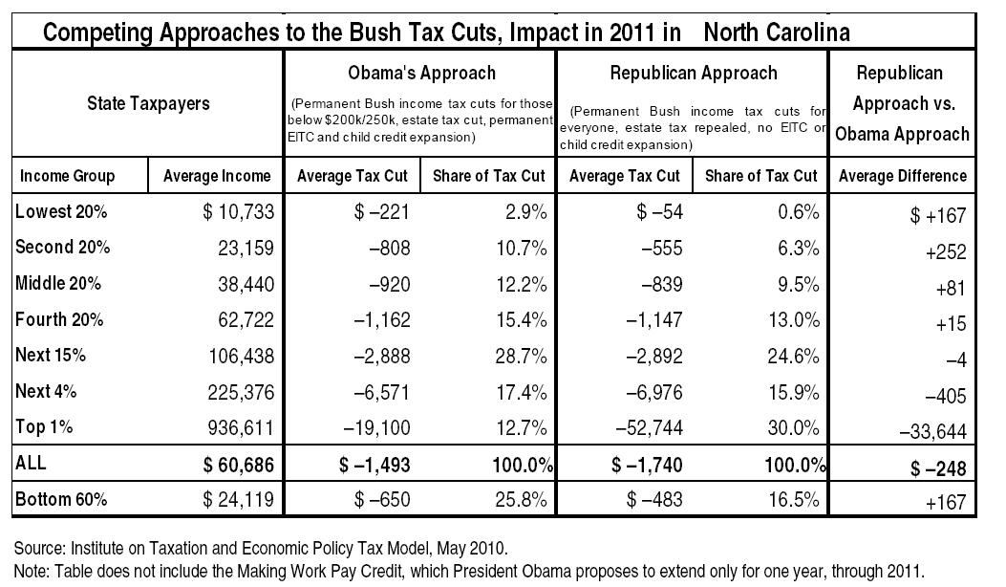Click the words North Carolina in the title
click(x=777, y=32)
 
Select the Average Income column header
click(x=217, y=176)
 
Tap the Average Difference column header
click(x=903, y=176)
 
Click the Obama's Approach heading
click(x=421, y=74)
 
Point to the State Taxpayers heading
click(x=148, y=103)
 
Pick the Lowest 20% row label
click(x=61, y=211)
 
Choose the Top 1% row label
click(x=44, y=427)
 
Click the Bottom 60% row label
click(x=61, y=499)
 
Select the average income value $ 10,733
click(x=238, y=212)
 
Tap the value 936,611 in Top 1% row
click(x=241, y=427)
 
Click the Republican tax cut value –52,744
click(x=649, y=427)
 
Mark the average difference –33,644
click(x=932, y=431)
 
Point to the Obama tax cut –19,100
click(x=376, y=427)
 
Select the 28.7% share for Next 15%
click(x=521, y=356)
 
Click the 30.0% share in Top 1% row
click(x=794, y=427)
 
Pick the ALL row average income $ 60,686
click(x=238, y=465)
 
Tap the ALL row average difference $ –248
click(x=938, y=468)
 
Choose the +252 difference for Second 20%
click(x=946, y=251)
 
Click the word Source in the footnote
click(x=38, y=549)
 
